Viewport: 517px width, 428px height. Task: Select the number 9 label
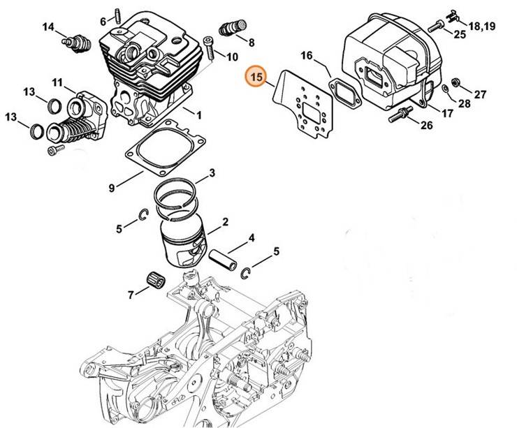112,187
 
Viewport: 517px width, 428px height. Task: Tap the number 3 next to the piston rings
211,172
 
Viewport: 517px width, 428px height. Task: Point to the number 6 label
103,21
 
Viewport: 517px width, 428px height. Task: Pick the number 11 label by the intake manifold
57,83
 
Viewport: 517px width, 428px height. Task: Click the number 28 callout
463,103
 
